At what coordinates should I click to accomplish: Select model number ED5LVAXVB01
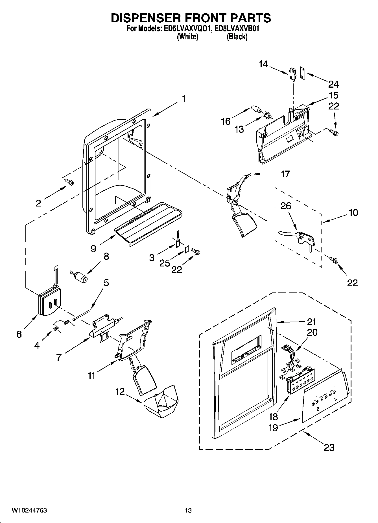237,29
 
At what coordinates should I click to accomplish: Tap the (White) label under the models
187,36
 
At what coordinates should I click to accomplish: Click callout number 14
263,64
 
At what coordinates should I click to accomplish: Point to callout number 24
333,84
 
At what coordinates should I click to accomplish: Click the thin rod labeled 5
82,315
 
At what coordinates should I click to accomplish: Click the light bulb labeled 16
255,109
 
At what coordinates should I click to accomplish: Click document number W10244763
29,510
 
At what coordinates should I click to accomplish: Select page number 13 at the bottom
188,510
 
